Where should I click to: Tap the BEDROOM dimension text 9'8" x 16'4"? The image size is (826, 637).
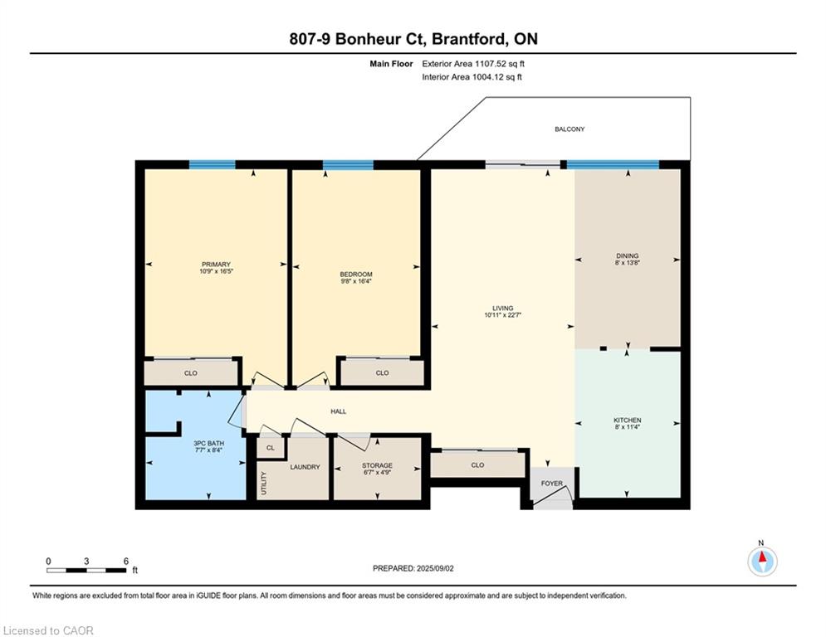356,282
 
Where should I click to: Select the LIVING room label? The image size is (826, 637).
502,308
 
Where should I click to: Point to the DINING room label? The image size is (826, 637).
627,255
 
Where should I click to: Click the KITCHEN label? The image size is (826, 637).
627,421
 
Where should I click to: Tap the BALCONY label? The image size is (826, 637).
569,129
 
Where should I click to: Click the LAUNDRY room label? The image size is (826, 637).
305,467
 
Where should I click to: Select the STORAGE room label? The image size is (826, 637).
377,465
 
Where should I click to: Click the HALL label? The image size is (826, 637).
338,411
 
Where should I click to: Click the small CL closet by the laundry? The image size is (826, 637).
270,447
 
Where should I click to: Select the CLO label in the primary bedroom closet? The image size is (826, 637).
190,373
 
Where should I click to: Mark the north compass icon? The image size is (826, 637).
761,562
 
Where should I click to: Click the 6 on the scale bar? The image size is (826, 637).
125,562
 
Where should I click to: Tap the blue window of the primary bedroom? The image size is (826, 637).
212,164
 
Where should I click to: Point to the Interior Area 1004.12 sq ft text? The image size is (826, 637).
472,77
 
